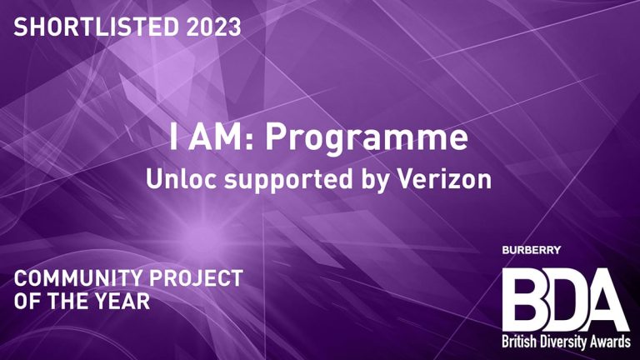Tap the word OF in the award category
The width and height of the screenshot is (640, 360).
tap(26, 301)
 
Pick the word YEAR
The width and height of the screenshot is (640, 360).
tap(125, 301)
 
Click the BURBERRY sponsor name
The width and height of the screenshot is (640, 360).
tap(532, 250)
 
